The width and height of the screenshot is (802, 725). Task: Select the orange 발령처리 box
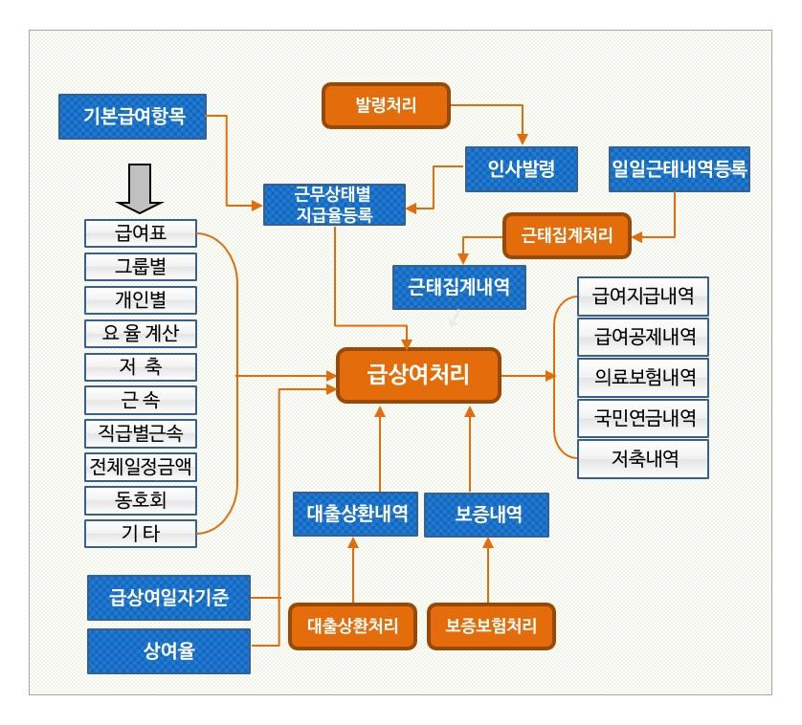386,104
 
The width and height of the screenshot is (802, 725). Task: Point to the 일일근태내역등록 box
679,168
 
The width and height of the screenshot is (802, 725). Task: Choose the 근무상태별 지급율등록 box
334,205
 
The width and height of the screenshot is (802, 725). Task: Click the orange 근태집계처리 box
567,232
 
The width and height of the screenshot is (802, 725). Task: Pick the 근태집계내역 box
459,286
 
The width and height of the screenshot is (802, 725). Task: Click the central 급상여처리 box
418,374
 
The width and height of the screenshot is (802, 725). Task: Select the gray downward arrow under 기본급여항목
140,187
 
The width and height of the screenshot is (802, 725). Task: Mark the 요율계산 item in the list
141,333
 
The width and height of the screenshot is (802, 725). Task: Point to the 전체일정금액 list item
141,466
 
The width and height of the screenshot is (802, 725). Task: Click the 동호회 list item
141,499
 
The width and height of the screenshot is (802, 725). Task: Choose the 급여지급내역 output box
643,295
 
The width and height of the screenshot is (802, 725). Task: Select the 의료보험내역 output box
643,377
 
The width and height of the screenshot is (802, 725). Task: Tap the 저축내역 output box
643,459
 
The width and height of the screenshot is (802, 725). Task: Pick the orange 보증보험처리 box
490,626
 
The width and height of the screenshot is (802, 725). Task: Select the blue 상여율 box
169,651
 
